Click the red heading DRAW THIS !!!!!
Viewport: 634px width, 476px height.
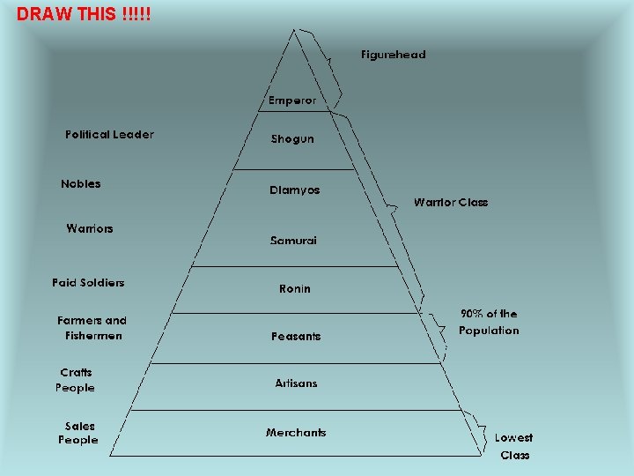[x=84, y=13]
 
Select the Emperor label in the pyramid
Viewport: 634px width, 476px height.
[x=292, y=100]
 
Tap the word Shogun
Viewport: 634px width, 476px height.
[x=292, y=139]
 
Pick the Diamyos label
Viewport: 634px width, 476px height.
[x=294, y=190]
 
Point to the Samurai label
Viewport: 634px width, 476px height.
[x=293, y=241]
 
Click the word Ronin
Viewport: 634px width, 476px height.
[x=295, y=289]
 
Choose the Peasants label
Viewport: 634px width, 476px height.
[x=296, y=337]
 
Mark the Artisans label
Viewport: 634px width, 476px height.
[x=296, y=383]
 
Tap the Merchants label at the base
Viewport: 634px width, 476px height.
[x=296, y=433]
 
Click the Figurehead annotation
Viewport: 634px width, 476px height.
[x=393, y=55]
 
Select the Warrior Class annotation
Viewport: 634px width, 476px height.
[x=451, y=203]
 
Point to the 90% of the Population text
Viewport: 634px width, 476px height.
[x=489, y=322]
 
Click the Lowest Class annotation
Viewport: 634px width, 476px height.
[x=514, y=446]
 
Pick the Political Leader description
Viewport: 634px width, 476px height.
[x=109, y=135]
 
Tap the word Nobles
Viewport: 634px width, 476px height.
[x=81, y=184]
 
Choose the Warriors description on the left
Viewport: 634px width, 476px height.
[x=90, y=229]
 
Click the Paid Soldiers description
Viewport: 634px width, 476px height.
[x=88, y=283]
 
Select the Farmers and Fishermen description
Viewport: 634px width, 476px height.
[x=92, y=328]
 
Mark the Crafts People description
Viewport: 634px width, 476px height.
[x=76, y=380]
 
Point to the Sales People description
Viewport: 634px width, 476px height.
[x=78, y=433]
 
